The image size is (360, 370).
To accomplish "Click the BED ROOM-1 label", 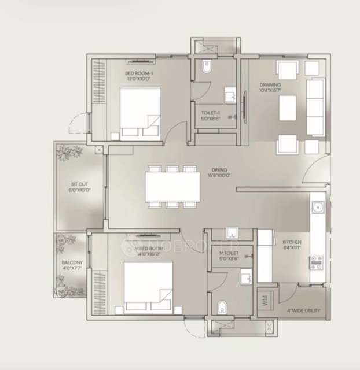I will [x=138, y=73].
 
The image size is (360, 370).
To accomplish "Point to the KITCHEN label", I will [x=292, y=242].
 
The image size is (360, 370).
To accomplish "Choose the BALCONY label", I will [x=72, y=263].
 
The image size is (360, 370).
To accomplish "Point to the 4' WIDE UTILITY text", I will [x=303, y=311].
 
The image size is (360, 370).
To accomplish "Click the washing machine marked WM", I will [x=265, y=301].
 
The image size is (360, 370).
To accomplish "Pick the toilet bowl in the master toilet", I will [x=222, y=306].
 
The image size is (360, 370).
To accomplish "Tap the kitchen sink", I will [x=317, y=207].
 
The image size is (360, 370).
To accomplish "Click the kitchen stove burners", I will [x=317, y=263].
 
